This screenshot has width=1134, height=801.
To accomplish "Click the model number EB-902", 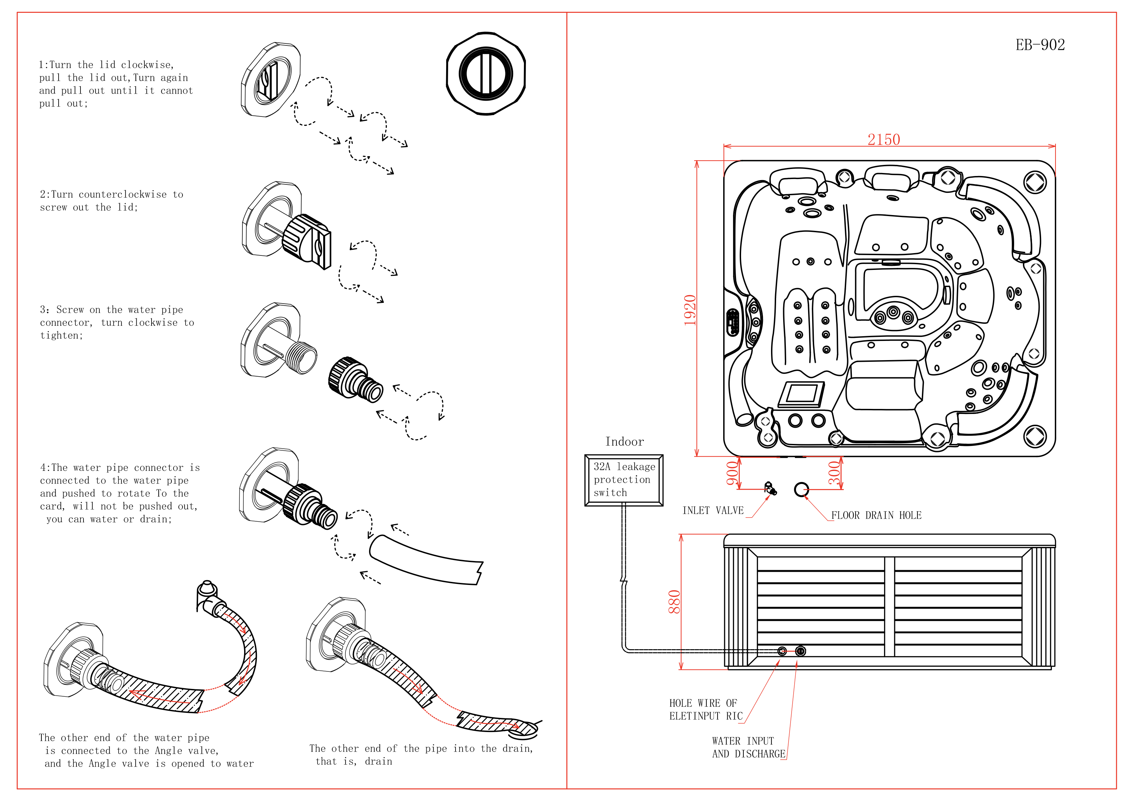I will coord(1040,45).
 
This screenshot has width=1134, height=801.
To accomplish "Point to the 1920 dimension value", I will coord(690,310).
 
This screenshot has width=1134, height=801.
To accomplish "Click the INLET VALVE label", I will coord(713,511).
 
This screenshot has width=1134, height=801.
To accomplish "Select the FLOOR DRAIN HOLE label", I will coord(876,516).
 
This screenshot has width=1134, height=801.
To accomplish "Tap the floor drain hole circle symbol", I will coord(801,489).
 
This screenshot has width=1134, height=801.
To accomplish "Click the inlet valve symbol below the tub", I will coord(769,488).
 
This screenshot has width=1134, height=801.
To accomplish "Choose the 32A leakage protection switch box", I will coord(624,480).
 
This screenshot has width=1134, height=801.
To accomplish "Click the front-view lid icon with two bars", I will coord(486,74).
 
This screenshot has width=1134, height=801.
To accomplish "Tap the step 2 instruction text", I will coord(112,201).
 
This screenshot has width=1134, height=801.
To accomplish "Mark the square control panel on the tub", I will coord(801,394).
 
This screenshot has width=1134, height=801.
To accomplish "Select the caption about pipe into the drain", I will coord(421,755).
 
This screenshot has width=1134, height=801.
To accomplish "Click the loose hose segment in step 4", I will coord(426,560).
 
